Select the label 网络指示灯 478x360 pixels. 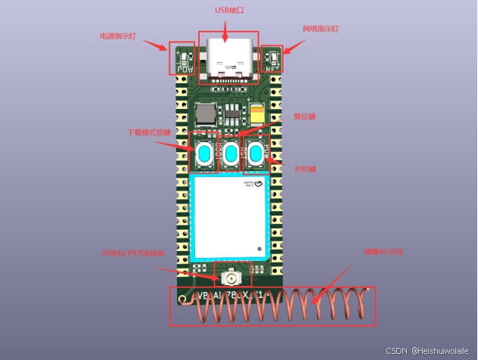coord(321,28)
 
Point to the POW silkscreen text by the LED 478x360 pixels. coord(185,69)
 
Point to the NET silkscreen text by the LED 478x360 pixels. coord(272,69)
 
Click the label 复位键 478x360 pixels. coord(305,116)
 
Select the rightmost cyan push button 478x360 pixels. coord(256,154)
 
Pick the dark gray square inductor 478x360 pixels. coord(205,115)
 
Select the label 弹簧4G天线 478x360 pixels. coord(384,251)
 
